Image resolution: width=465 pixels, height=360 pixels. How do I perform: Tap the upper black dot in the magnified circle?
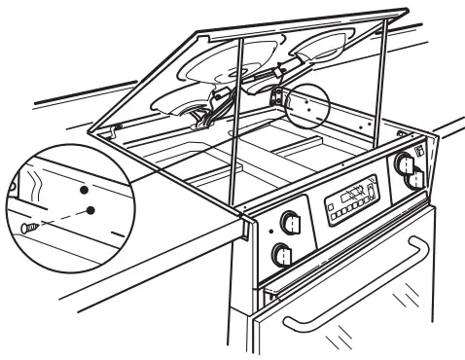coord(85,190)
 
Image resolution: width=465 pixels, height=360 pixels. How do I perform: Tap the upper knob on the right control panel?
coord(403,160)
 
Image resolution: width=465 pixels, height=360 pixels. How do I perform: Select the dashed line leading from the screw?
coord(58,217)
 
